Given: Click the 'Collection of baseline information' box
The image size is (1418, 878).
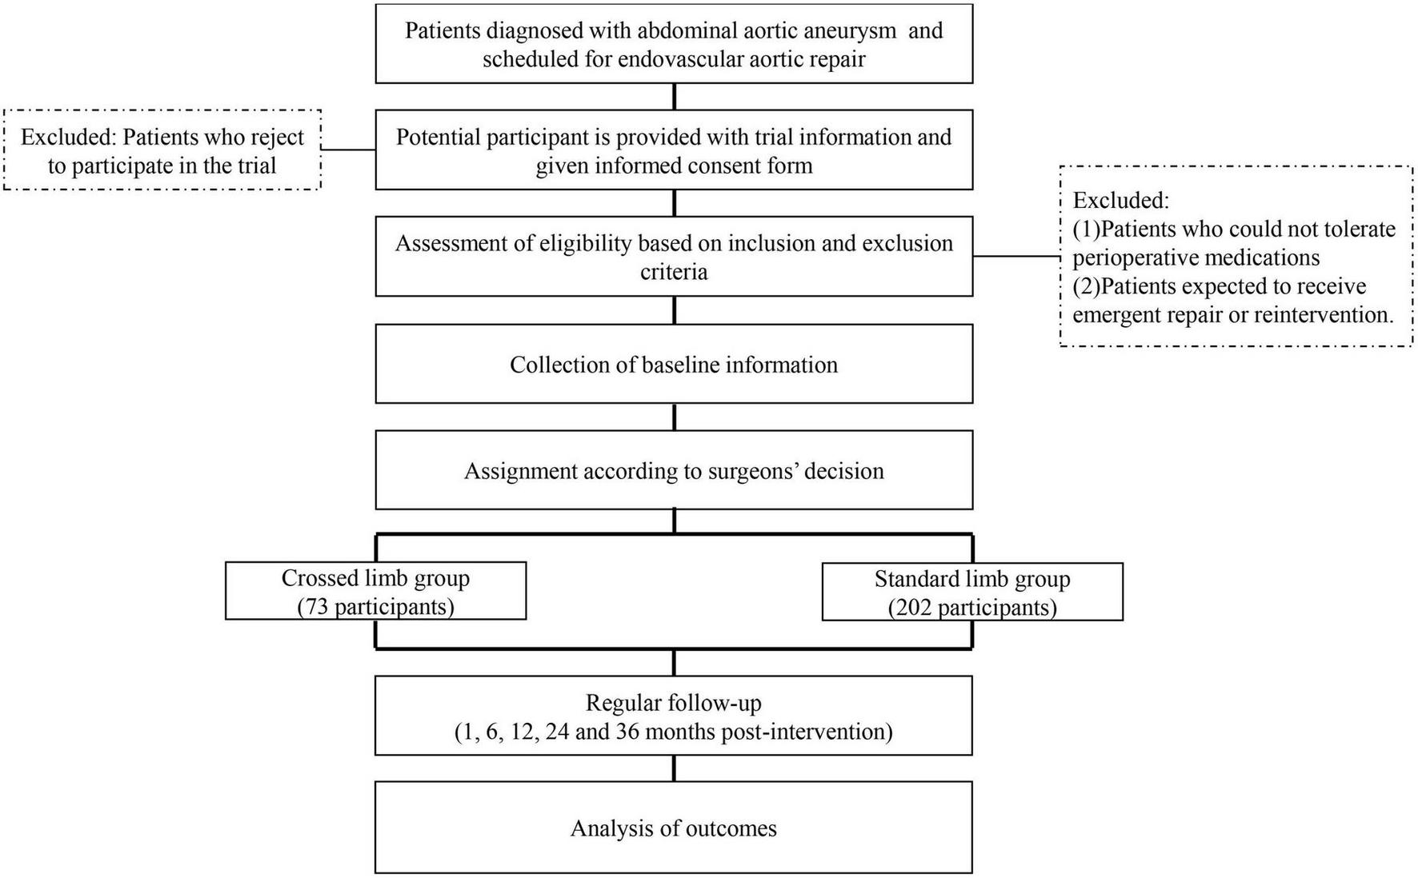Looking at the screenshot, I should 674,364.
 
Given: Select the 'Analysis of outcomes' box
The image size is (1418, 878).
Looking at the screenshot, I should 674,828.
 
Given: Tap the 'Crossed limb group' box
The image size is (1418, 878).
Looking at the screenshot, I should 375,591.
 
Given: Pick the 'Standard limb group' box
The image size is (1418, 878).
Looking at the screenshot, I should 972,592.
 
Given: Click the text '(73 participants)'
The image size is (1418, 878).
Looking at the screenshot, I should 375,607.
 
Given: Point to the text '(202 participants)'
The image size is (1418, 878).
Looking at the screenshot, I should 972,608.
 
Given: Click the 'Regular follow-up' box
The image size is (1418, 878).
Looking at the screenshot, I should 674,716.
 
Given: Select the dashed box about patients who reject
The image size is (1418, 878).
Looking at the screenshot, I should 162,150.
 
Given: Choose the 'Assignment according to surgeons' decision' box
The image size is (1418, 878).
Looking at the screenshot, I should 674,470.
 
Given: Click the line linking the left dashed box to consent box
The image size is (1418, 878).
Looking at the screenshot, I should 348,150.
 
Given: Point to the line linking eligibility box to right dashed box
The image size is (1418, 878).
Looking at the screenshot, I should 1016,257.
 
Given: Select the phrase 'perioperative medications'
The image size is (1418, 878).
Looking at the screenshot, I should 1196,257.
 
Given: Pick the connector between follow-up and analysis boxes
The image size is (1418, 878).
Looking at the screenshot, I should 674,768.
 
